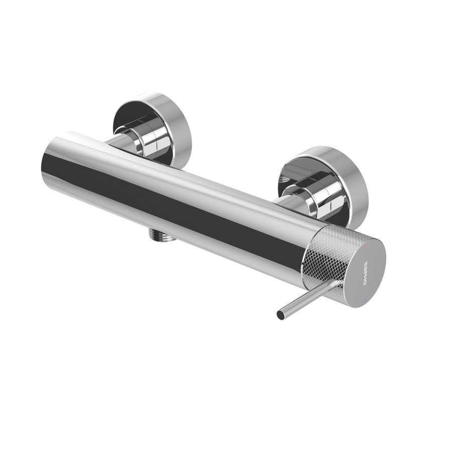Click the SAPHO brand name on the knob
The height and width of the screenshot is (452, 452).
point(367,274)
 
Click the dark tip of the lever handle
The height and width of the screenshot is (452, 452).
point(280,315)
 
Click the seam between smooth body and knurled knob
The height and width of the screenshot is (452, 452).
point(307,256)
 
